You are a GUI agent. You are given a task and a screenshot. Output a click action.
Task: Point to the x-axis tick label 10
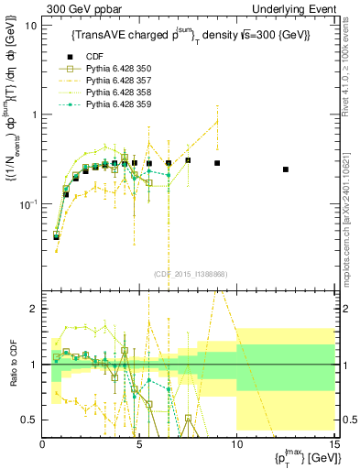pyautogui.click(x=236, y=444)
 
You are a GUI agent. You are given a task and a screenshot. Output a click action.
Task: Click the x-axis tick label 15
pyautogui.click(x=333, y=444)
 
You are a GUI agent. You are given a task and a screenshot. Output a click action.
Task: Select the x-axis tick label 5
pyautogui.click(x=139, y=444)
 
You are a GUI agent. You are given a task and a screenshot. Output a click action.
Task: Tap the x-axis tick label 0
pyautogui.click(x=43, y=444)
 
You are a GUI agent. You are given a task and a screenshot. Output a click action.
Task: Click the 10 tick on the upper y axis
pyautogui.click(x=31, y=26)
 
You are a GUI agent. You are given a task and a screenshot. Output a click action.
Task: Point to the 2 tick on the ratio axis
pyautogui.click(x=35, y=309)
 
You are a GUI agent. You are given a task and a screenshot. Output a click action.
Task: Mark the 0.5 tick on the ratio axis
pyautogui.click(x=31, y=420)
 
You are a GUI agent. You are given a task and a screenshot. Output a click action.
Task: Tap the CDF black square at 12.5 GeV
pyautogui.click(x=286, y=169)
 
